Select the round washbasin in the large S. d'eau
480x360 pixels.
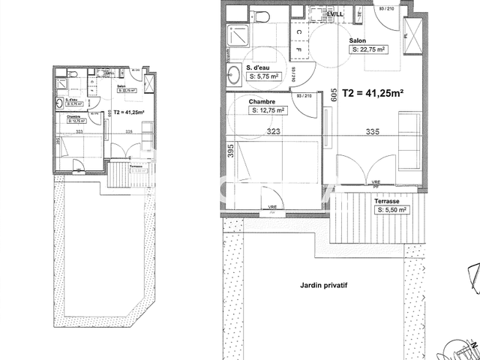[234, 73]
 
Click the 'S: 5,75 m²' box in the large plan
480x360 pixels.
[263, 76]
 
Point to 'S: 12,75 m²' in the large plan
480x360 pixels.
[268, 110]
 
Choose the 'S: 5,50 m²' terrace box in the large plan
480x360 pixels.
[391, 211]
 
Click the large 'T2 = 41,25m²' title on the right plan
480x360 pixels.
[373, 94]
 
